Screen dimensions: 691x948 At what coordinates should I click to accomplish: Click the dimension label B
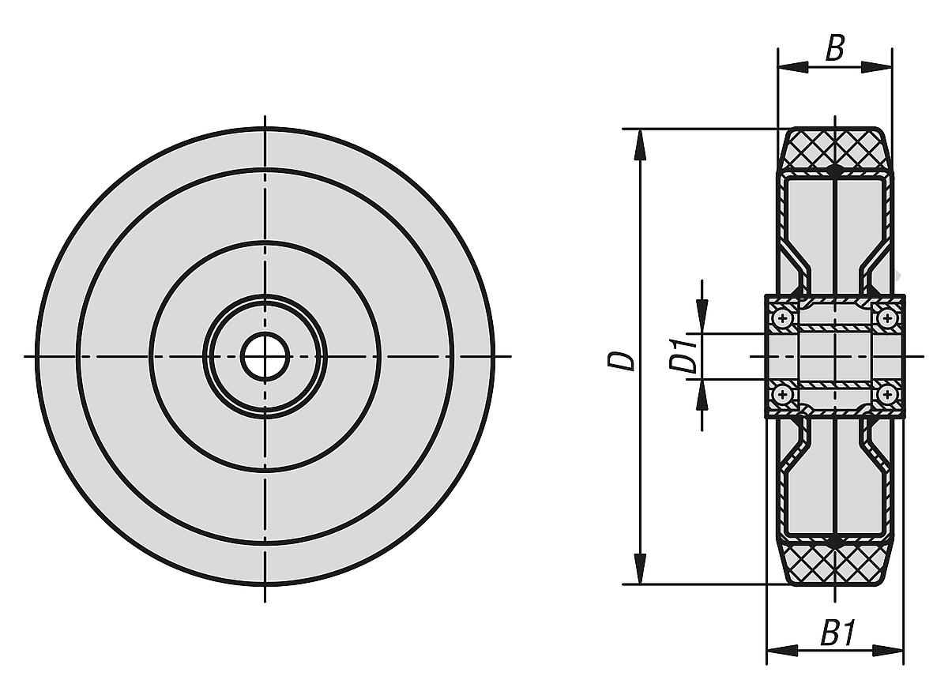[835, 49]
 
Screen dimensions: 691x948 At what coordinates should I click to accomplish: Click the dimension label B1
[837, 633]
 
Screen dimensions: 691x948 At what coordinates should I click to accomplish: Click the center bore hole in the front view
[265, 356]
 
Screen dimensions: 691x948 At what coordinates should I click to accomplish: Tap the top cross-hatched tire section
[835, 148]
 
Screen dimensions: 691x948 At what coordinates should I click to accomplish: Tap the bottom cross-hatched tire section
[835, 565]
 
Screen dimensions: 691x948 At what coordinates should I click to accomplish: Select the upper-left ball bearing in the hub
[783, 318]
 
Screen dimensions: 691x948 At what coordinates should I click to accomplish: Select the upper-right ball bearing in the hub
[887, 318]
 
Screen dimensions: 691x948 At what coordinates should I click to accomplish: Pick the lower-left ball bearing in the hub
[783, 394]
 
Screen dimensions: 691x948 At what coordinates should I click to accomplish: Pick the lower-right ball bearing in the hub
[887, 394]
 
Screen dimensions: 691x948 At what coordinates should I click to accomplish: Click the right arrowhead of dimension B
[880, 68]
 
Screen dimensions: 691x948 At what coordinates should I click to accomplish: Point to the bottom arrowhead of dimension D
[641, 573]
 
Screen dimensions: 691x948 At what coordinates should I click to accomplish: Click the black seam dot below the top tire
[835, 171]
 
